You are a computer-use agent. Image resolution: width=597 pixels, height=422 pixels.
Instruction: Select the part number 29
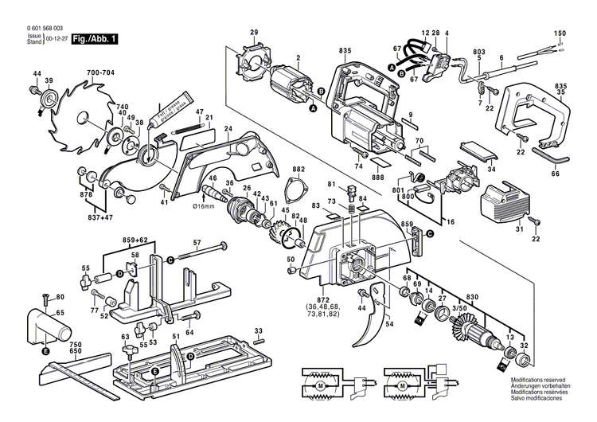point(254,32)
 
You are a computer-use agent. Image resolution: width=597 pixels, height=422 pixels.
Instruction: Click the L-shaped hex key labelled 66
point(553,162)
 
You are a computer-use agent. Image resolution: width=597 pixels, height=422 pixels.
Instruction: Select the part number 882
point(298,170)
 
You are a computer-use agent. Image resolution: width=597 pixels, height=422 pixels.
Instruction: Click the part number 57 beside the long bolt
point(197,242)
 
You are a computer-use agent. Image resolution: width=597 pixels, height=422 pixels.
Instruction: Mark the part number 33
point(257,330)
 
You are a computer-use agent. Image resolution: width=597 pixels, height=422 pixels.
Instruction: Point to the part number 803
point(479,50)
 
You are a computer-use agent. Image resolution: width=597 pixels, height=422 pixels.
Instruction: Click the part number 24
point(228,129)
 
